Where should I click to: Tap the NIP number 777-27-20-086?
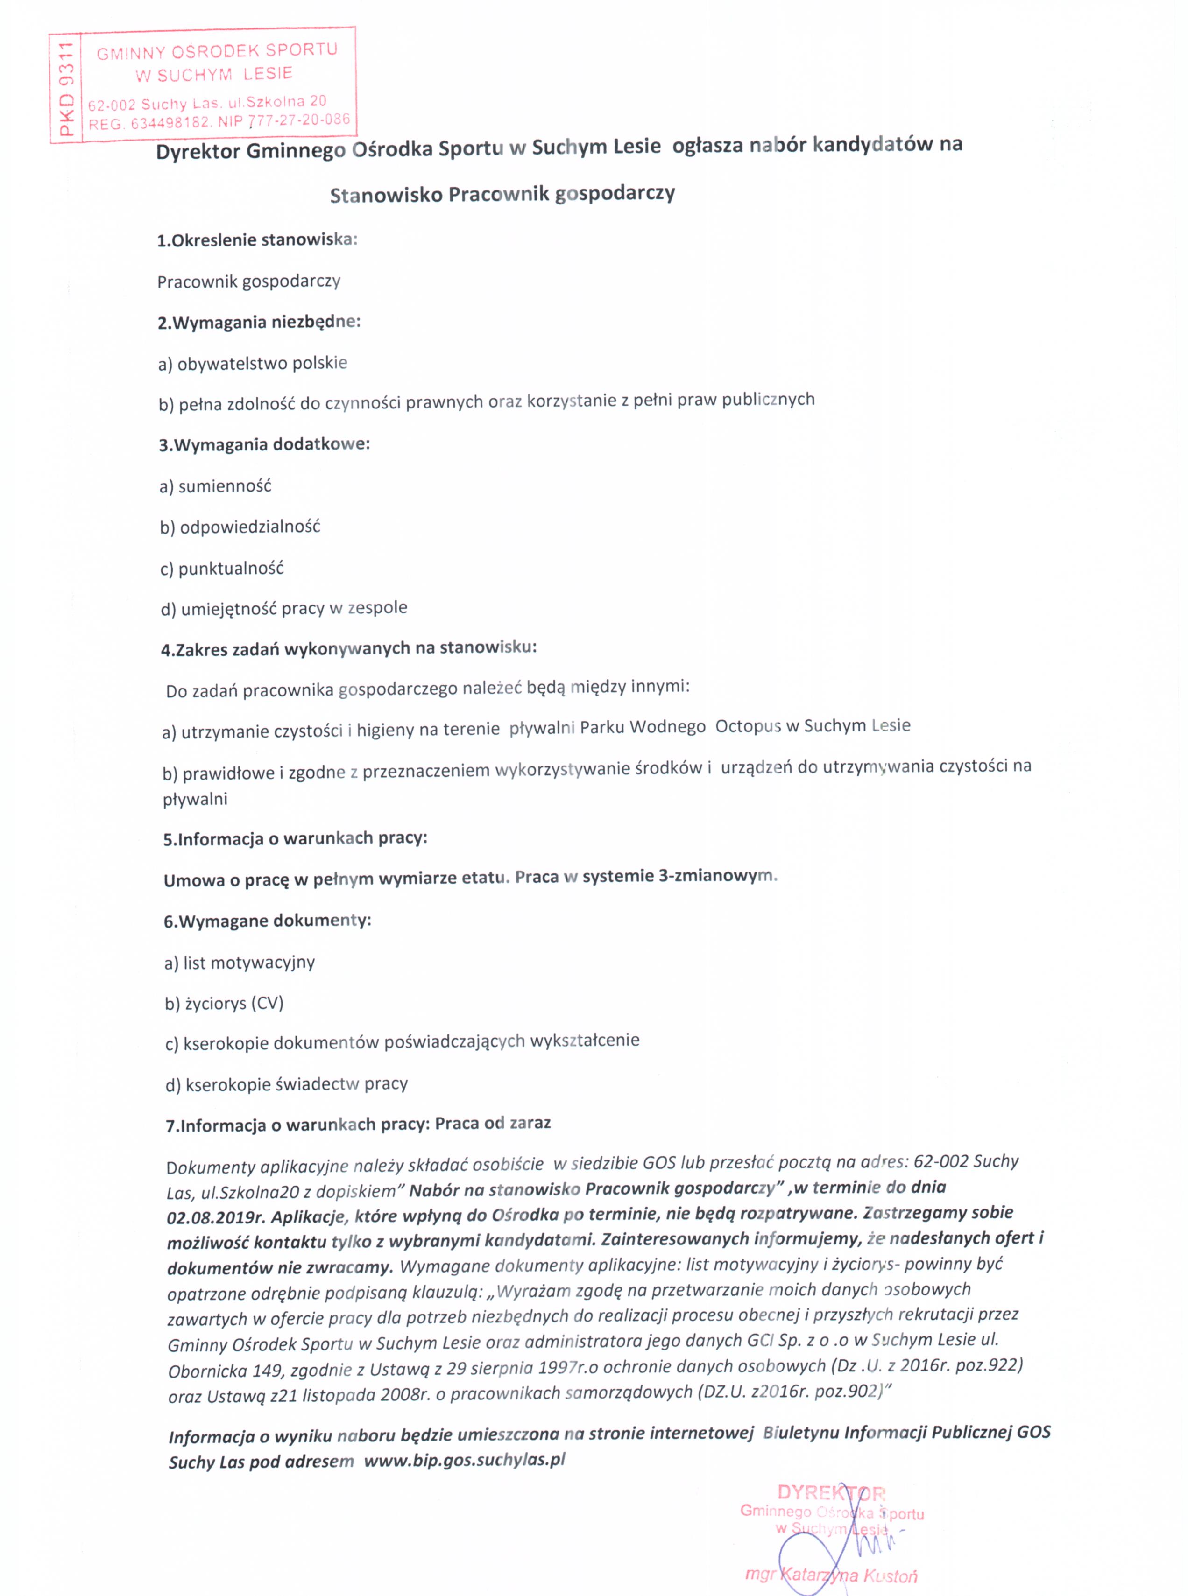tap(299, 120)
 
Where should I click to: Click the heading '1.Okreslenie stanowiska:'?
tap(257, 240)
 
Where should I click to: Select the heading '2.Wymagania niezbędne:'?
tap(259, 322)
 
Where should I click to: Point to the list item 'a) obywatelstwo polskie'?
tap(253, 364)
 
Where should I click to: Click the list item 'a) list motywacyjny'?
tap(240, 963)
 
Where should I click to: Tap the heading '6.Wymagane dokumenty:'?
tap(268, 921)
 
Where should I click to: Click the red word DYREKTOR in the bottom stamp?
tap(831, 1493)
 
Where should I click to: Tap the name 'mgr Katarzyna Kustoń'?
tap(831, 1575)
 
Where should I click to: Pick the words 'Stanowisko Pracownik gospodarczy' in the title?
tap(502, 195)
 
